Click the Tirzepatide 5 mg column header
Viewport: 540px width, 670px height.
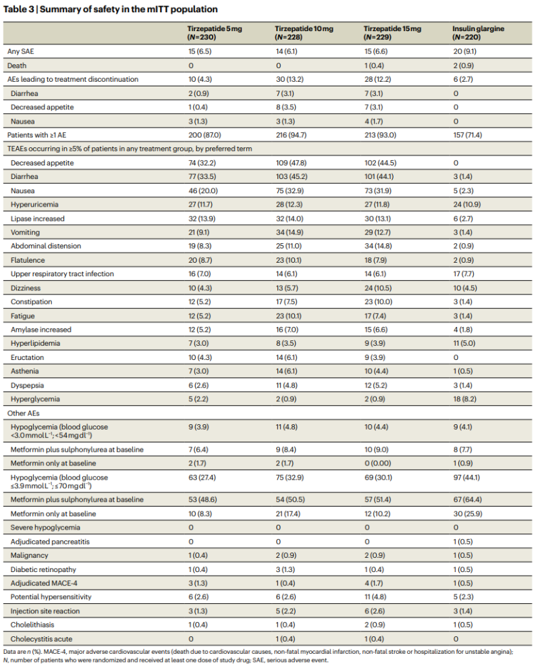(x=215, y=33)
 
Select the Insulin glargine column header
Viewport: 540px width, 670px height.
(x=478, y=33)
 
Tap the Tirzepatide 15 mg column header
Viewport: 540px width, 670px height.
(x=392, y=33)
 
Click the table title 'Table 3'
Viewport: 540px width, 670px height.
(x=19, y=9)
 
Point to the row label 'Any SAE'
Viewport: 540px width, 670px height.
(x=20, y=51)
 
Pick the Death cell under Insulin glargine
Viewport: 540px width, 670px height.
(x=463, y=66)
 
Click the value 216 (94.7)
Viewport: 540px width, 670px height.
(x=291, y=135)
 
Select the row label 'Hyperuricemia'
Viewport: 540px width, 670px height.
(x=34, y=205)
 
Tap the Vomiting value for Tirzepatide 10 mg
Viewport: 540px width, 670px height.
(x=290, y=232)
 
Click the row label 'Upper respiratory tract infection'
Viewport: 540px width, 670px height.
(x=62, y=274)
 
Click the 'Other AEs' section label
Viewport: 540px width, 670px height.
(x=23, y=413)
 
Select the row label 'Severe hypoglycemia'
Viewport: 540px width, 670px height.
(x=45, y=527)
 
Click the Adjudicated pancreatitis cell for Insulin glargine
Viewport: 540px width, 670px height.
(x=463, y=542)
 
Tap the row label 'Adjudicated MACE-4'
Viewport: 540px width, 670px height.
(x=44, y=584)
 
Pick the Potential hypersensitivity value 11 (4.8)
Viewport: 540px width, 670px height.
(x=376, y=597)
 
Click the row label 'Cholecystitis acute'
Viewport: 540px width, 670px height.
(x=41, y=639)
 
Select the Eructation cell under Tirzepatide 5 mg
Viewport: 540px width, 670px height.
(x=200, y=358)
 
